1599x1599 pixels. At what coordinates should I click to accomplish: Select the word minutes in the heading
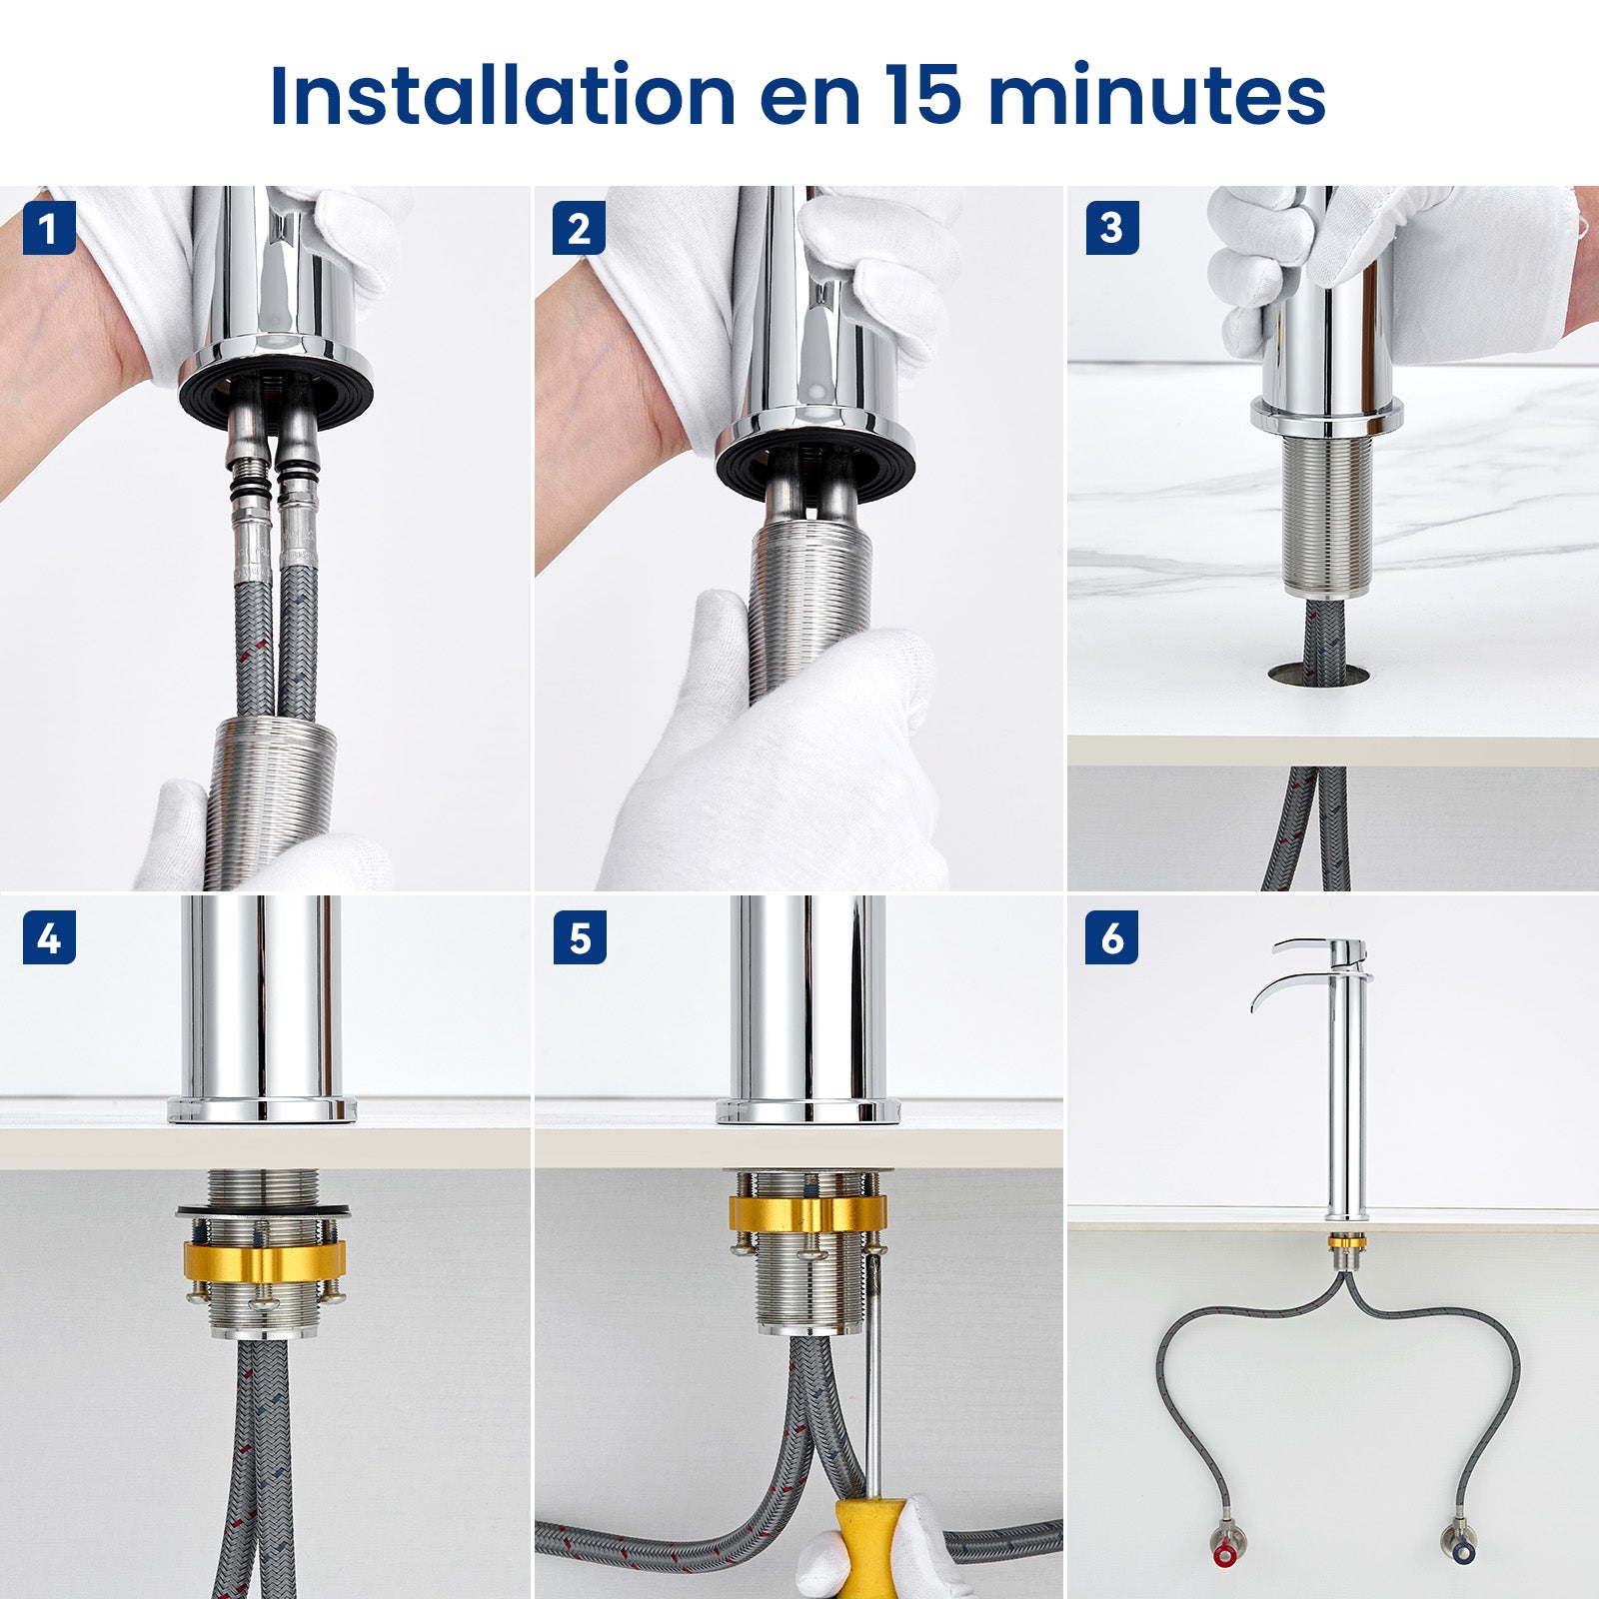[x=1157, y=96]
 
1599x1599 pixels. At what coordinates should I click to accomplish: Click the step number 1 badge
[x=49, y=229]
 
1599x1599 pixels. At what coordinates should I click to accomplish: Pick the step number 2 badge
[x=579, y=229]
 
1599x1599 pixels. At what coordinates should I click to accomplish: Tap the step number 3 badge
[x=1111, y=229]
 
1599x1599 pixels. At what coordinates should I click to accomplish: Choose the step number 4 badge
[x=49, y=938]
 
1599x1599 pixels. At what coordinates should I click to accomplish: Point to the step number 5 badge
[x=580, y=938]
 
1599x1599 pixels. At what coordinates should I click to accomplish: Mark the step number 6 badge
[x=1111, y=938]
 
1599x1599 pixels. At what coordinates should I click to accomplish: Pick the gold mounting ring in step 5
[x=807, y=1212]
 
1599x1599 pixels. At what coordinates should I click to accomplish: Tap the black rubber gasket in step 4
[x=264, y=1211]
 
